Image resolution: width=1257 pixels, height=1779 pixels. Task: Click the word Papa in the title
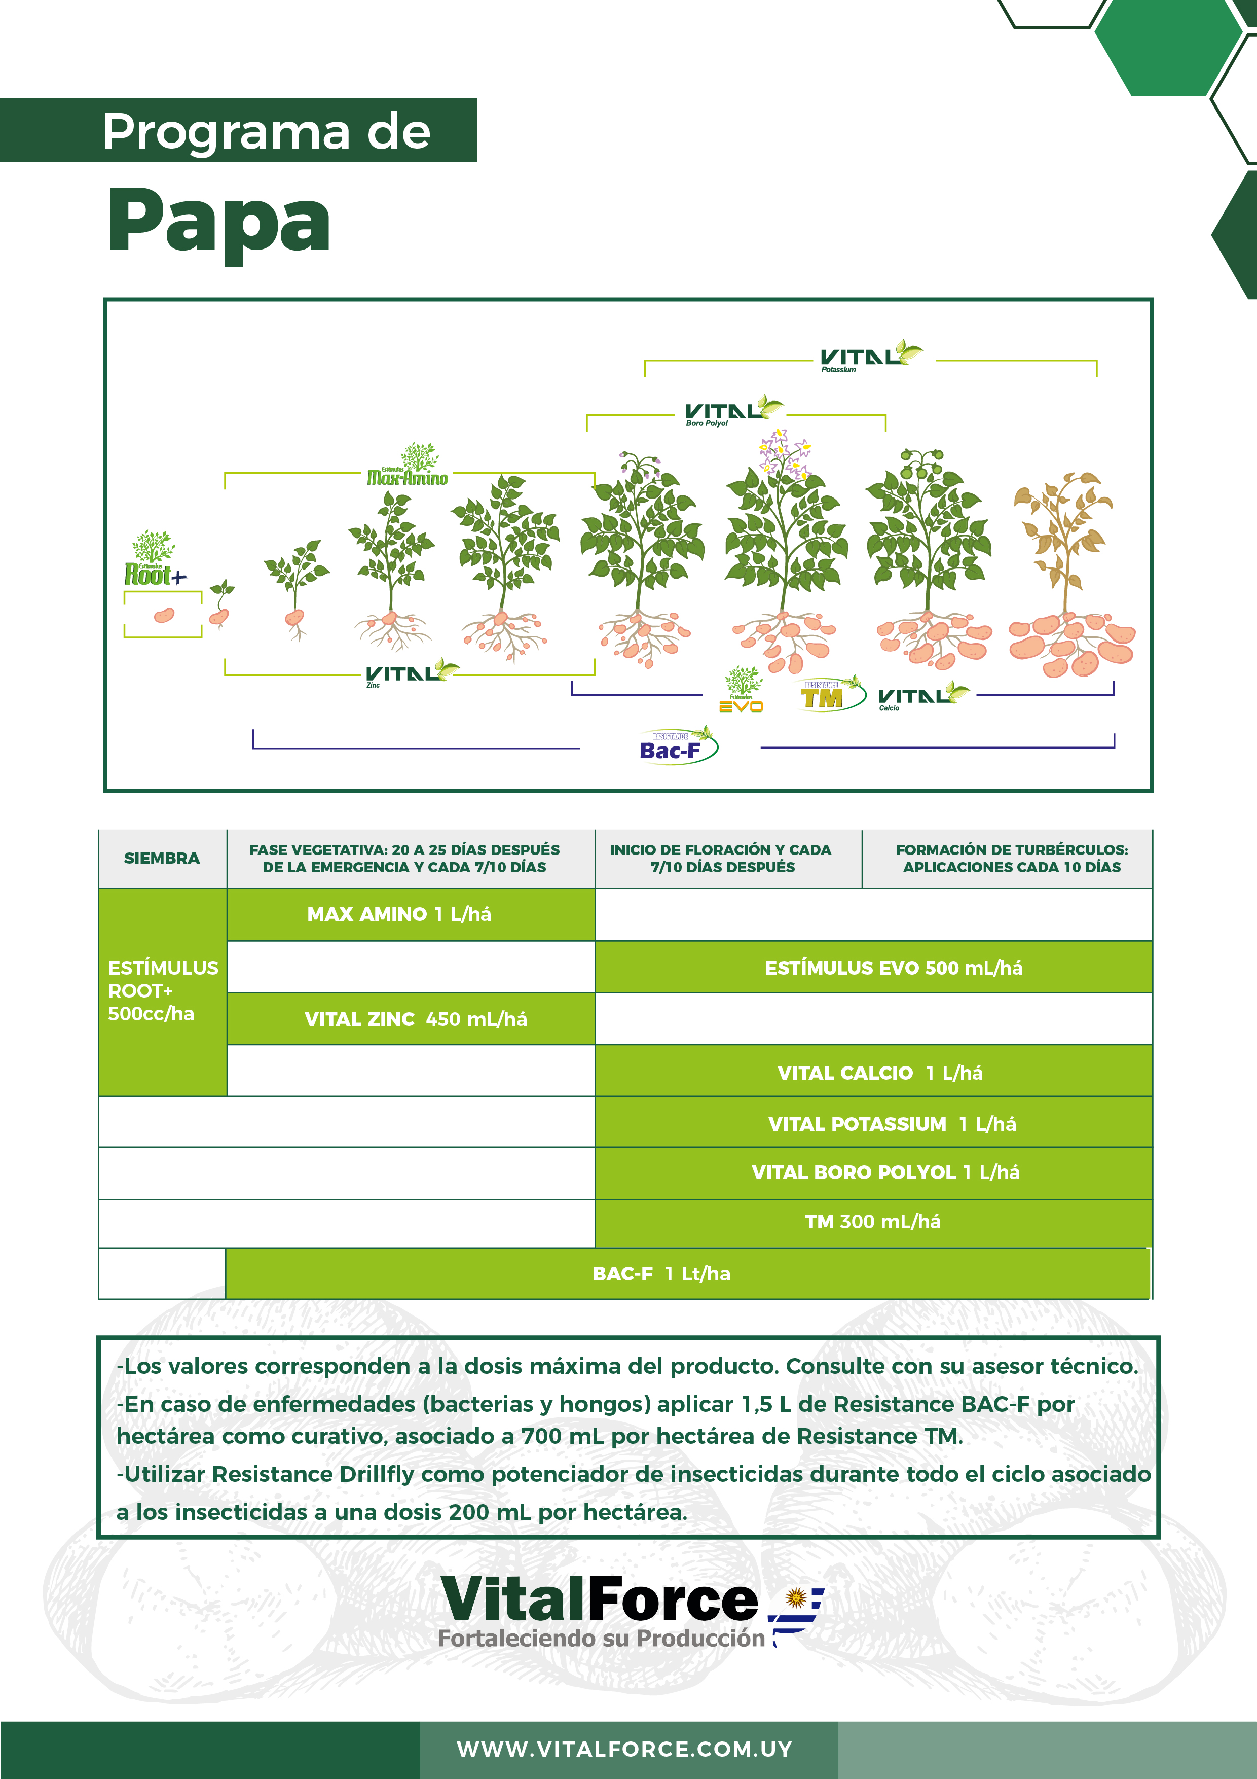pyautogui.click(x=219, y=222)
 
